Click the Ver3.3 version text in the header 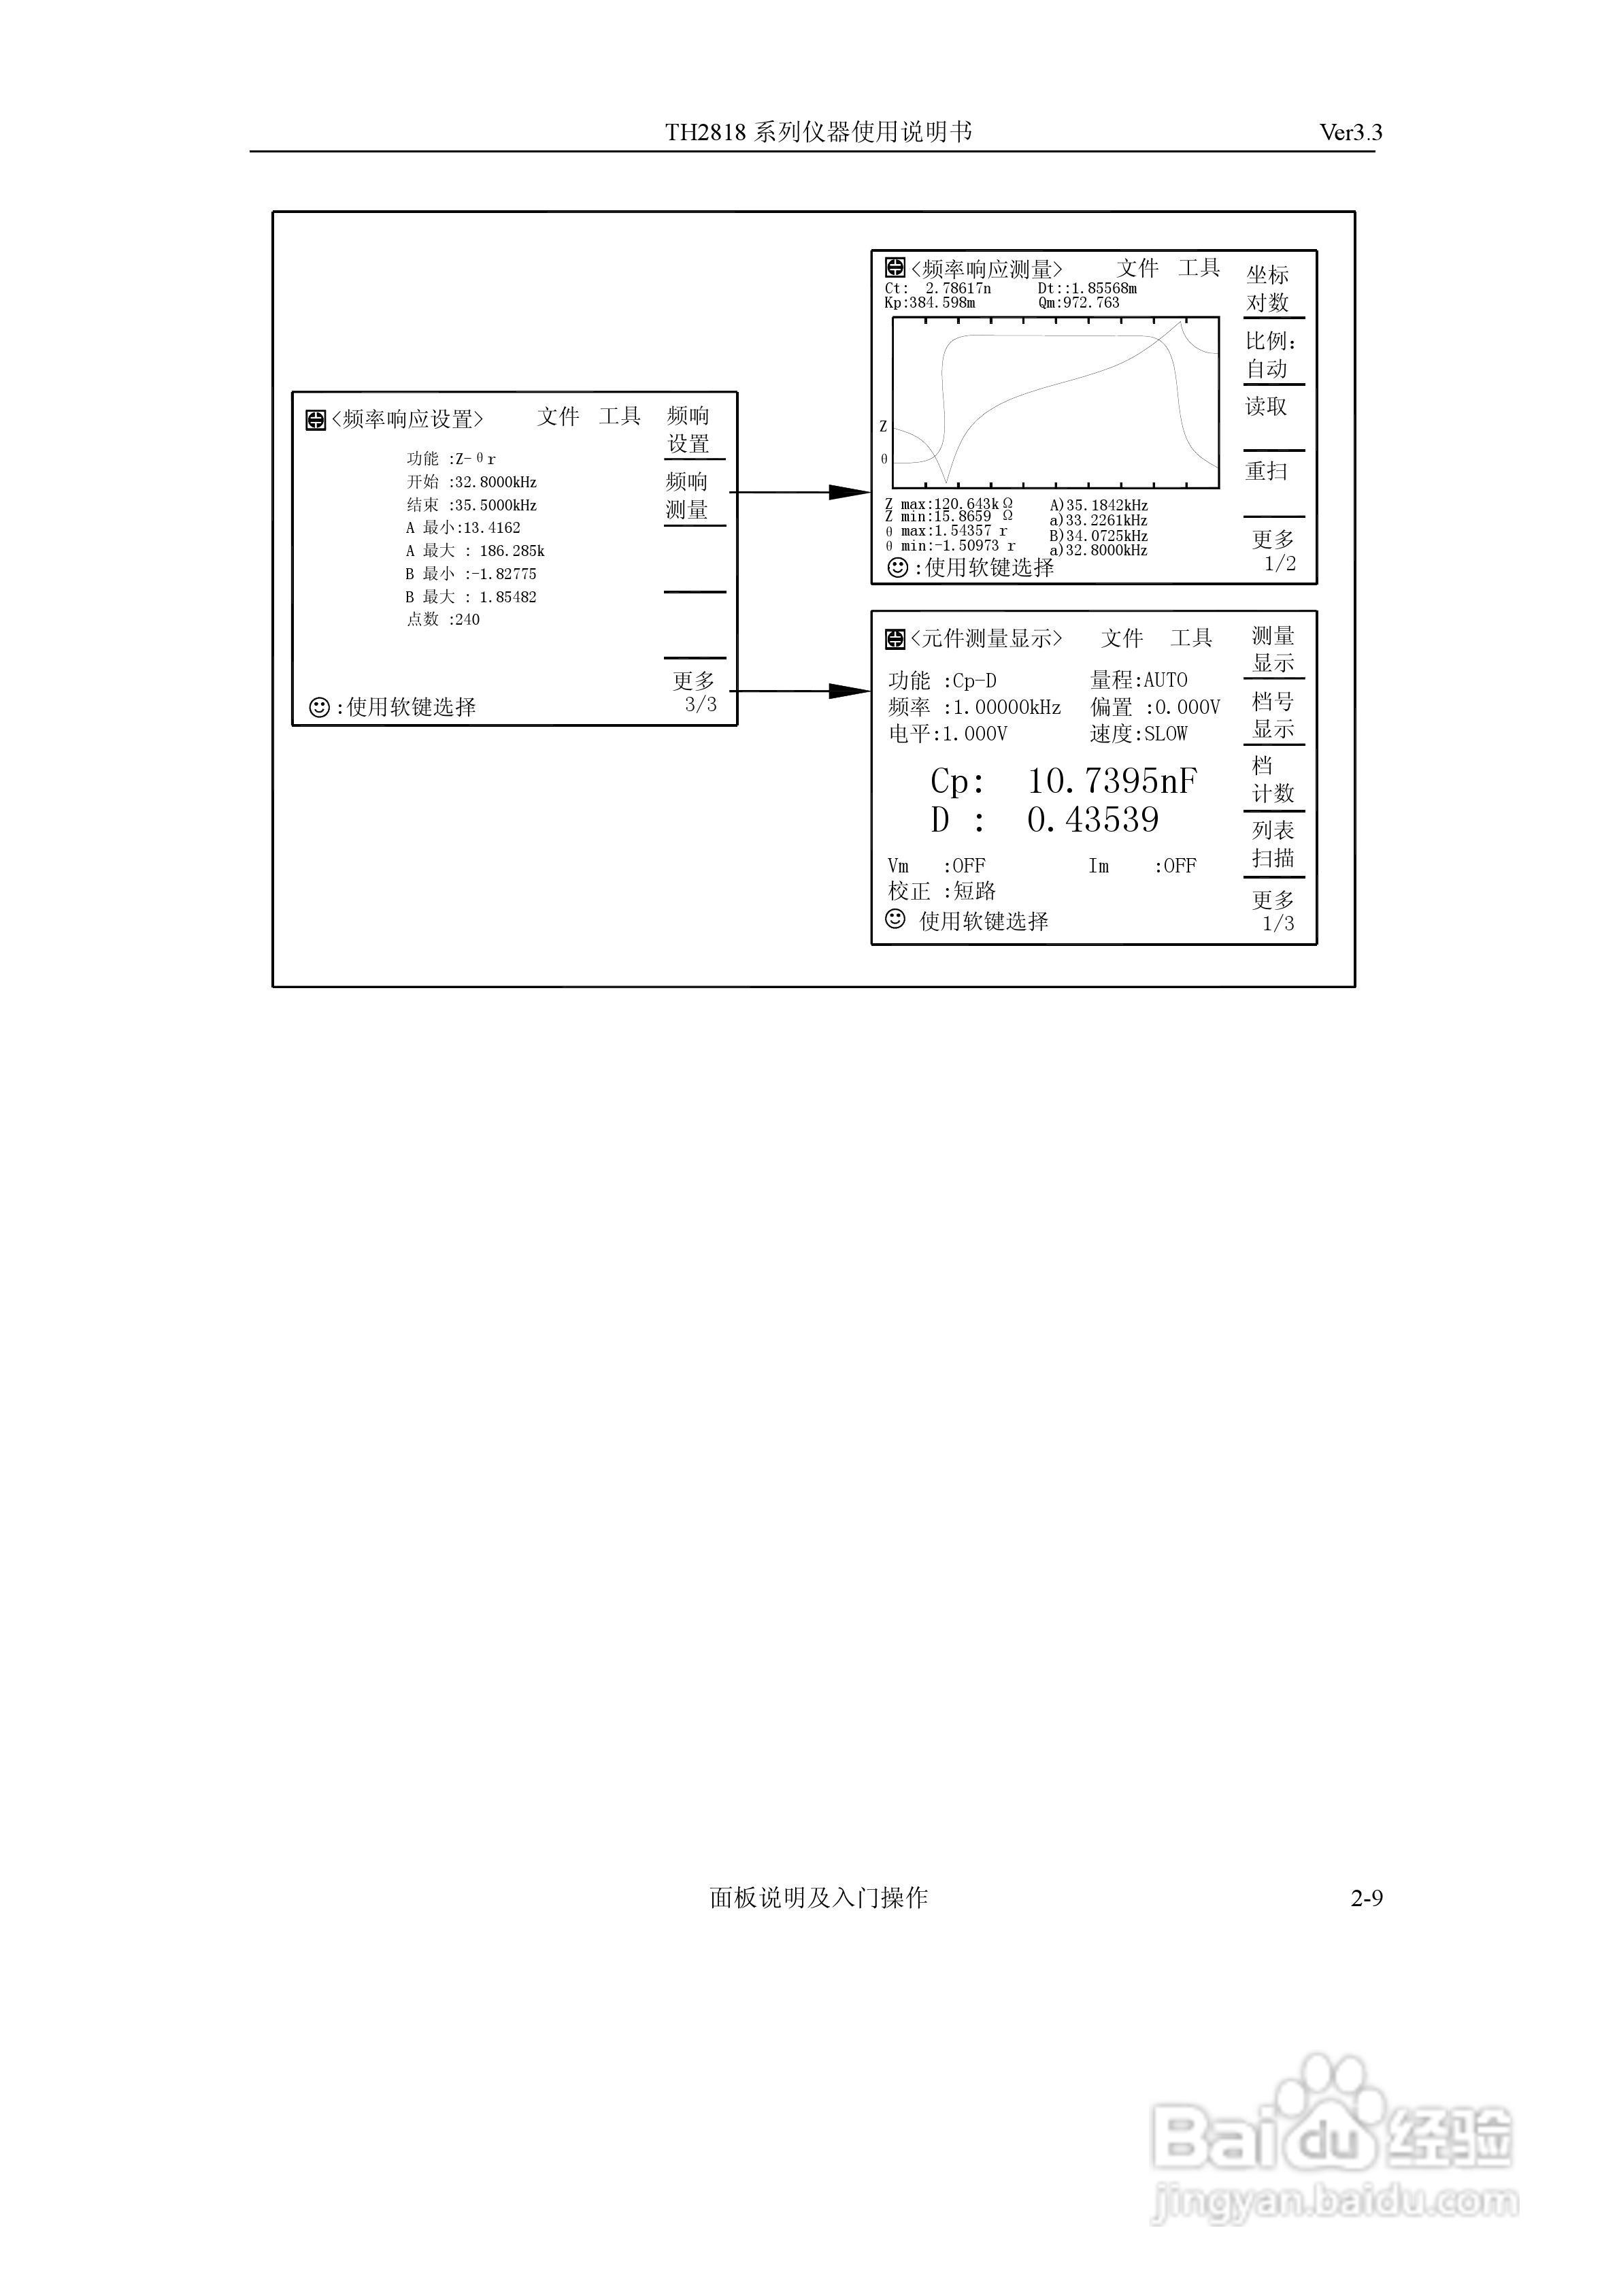tap(1350, 133)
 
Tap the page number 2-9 tap(1367, 1898)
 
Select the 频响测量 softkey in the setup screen tap(688, 496)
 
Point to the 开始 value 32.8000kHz tap(496, 482)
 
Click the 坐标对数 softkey tap(1268, 289)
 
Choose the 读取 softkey tap(1267, 406)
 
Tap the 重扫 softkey tap(1267, 471)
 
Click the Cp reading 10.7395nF tap(1112, 781)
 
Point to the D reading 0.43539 tap(1093, 821)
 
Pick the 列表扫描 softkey tap(1273, 845)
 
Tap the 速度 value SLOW tap(1166, 734)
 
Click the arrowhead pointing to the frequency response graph tap(850, 492)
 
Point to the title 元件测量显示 tap(986, 639)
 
